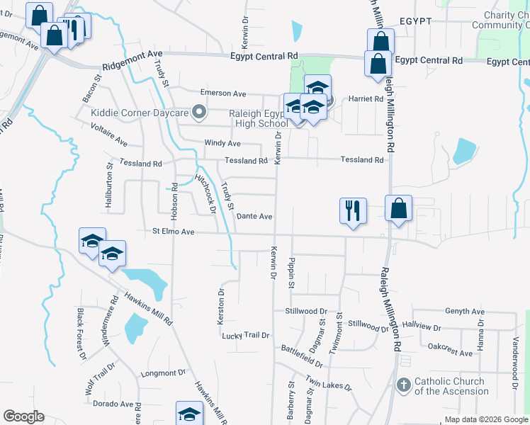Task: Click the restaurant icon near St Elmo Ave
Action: point(352,210)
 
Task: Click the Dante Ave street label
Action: point(254,216)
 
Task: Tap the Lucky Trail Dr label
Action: point(246,335)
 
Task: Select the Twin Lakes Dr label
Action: point(329,383)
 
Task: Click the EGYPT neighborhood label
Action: point(415,21)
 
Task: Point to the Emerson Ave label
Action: point(222,93)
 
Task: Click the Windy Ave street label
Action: point(224,143)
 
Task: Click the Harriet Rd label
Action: point(366,99)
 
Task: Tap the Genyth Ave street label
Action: point(464,312)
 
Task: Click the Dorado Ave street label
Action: point(112,404)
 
